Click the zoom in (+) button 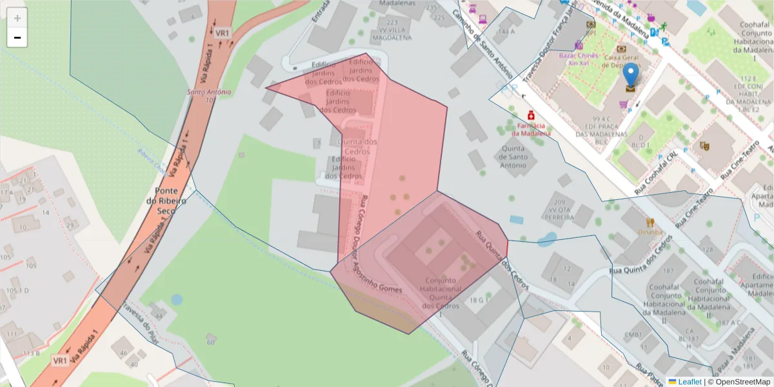tap(17, 18)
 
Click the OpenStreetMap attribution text tap(741, 382)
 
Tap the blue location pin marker tap(630, 77)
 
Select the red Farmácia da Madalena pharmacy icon tap(531, 114)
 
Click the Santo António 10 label tap(209, 95)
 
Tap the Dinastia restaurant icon tap(650, 222)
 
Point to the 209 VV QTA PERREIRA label tap(559, 210)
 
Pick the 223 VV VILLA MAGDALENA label tap(392, 30)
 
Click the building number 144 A tap(506, 31)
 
